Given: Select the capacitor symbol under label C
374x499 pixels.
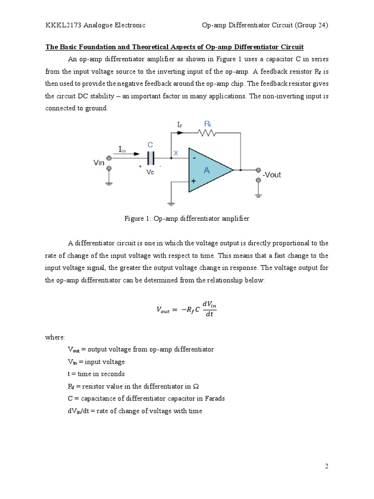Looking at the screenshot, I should click(150, 157).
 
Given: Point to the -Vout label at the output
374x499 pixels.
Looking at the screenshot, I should click(271, 174).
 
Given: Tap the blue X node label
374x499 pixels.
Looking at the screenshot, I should click(176, 153).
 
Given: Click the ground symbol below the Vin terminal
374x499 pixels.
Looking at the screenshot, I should click(109, 184).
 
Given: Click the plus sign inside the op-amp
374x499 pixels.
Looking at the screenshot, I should click(194, 181).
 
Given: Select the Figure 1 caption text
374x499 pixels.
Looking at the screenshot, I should click(187, 219).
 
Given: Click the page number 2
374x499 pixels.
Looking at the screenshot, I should click(327, 466).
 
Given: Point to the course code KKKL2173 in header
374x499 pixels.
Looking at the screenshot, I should click(63, 25).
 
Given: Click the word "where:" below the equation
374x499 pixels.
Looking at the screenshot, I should click(55, 337).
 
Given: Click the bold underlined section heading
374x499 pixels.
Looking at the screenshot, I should click(174, 47).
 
